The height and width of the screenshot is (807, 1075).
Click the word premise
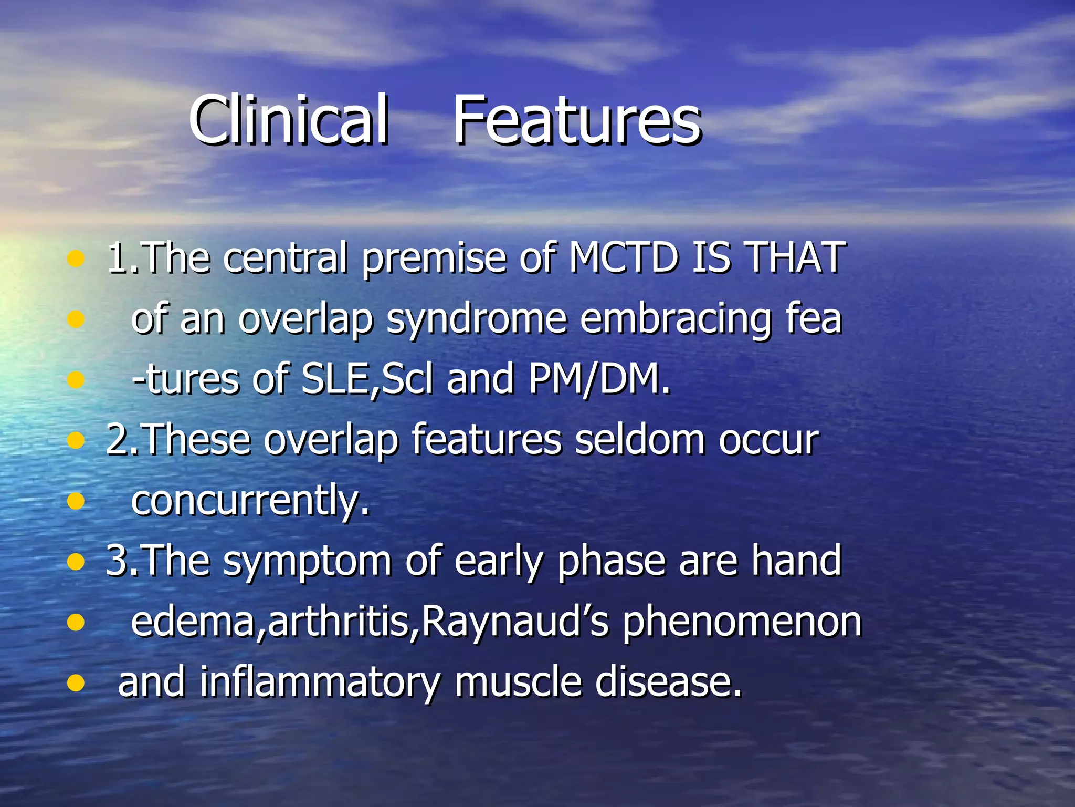(x=434, y=258)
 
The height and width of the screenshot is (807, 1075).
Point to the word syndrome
(x=477, y=319)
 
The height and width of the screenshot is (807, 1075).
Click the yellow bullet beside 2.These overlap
(x=76, y=440)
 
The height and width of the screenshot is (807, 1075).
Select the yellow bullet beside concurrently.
(x=76, y=501)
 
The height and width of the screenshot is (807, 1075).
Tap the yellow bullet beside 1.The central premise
(x=76, y=258)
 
